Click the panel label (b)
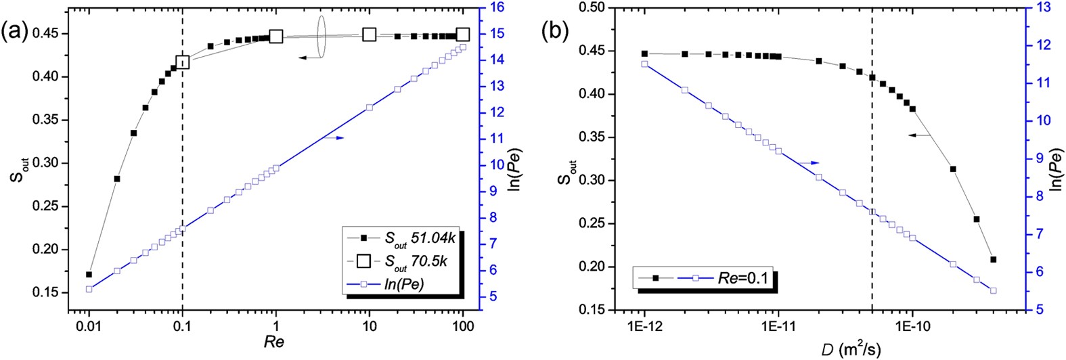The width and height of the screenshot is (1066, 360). coord(557,31)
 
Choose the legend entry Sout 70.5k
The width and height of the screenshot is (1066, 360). coord(409,261)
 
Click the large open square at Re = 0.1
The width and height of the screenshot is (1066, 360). coord(182,62)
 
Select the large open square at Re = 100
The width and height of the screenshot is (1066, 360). coord(463,35)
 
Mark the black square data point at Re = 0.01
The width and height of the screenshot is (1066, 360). coord(89,275)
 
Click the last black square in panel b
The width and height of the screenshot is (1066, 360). coord(993,259)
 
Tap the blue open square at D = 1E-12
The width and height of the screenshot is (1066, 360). coord(644,64)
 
